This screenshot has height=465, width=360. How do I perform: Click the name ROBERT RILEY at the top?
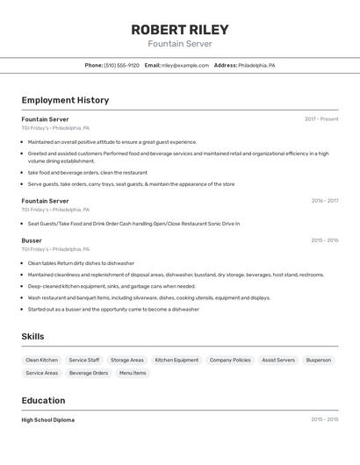pos(180,30)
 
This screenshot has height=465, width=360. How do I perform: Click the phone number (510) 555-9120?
pos(121,66)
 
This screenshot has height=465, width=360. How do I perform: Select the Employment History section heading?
pos(65,100)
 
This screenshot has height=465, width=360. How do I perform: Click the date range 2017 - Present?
pos(321,119)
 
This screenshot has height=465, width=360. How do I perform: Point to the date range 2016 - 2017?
pos(324,201)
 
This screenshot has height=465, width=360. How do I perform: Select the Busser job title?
pos(32,240)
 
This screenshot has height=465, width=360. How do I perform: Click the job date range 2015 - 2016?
pos(324,240)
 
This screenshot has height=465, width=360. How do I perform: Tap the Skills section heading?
pos(32,337)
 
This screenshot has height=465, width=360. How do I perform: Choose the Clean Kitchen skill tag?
pos(42,360)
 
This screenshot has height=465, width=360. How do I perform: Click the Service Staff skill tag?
pos(84,360)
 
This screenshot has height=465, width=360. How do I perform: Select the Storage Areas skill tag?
pos(127,360)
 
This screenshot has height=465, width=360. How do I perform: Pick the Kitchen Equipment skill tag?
pos(176,360)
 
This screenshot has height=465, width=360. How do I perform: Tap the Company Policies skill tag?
pos(230,360)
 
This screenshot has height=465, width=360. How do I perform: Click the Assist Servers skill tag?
pos(278,360)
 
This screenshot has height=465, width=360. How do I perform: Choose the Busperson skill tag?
pos(319,360)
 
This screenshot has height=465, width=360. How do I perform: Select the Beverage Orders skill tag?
pos(89,373)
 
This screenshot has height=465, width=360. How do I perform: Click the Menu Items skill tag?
pos(133,373)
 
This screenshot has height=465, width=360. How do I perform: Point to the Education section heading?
pos(43,400)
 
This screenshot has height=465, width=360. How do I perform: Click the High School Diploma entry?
pos(48,420)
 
